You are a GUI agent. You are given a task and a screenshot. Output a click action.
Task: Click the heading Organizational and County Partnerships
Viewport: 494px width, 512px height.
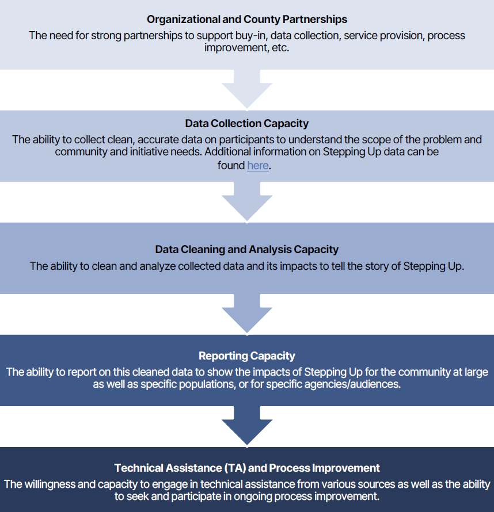pos(247,20)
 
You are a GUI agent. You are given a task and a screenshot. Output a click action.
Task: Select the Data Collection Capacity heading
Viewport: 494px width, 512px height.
pos(247,124)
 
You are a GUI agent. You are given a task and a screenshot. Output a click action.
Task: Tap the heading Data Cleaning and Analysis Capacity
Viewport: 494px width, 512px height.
pos(247,250)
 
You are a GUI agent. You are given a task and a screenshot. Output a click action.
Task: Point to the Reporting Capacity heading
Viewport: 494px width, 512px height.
pos(247,356)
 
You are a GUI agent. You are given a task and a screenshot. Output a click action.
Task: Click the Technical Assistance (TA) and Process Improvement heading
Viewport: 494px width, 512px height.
pos(247,468)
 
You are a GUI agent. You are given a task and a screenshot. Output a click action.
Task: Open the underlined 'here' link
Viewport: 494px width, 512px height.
pos(258,166)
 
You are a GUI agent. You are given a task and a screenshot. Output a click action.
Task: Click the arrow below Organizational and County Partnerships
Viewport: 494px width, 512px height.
pos(247,89)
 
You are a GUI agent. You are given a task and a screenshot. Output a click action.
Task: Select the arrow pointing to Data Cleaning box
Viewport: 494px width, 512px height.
pos(247,201)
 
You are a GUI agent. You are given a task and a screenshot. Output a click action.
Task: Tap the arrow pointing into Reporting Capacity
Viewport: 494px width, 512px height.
pos(247,314)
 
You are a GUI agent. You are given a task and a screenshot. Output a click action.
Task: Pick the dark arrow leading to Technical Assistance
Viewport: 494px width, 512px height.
pos(247,426)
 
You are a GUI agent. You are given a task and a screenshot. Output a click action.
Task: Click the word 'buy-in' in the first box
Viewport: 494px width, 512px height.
pos(250,36)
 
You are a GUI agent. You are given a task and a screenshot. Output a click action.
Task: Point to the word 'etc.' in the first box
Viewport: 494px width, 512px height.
pos(280,48)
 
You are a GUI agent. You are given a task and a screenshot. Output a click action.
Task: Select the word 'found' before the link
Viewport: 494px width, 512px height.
pos(231,166)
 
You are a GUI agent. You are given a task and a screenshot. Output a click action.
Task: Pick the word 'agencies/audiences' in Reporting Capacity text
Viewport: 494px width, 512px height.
pos(352,384)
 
